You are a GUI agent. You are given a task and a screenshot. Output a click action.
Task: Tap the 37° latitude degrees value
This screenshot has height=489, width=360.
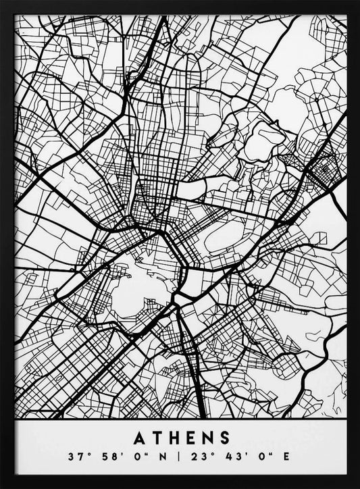(x=76, y=457)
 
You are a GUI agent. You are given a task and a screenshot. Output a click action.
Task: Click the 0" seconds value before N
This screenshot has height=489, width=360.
(x=139, y=457)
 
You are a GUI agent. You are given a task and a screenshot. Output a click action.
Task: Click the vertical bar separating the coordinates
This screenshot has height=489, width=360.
(x=179, y=457)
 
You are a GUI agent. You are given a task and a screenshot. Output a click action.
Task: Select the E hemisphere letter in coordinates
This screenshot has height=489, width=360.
(x=286, y=457)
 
